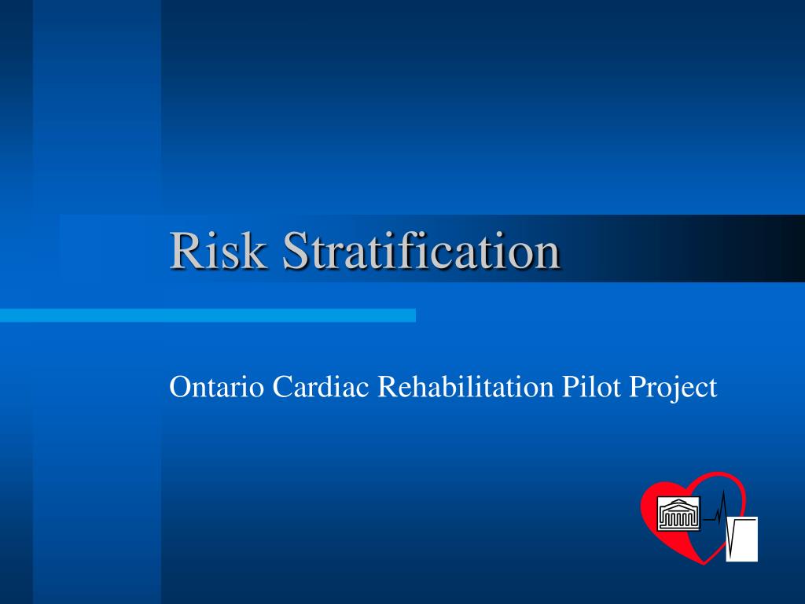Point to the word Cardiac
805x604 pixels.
click(322, 387)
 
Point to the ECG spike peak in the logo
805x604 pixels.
click(722, 492)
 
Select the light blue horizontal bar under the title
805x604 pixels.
click(208, 315)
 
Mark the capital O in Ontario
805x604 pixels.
click(180, 387)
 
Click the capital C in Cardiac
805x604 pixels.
click(281, 387)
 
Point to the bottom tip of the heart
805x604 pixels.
click(700, 562)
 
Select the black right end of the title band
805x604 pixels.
click(786, 248)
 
